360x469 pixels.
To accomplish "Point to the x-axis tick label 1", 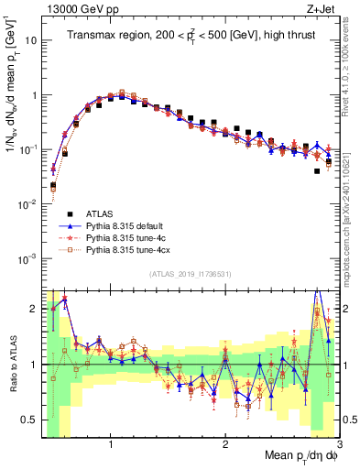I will pos(111,443).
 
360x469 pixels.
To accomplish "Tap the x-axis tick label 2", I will pos(225,443).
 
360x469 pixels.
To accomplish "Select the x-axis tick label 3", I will pos(338,443).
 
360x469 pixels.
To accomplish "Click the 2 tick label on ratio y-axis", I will pos(32,310).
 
